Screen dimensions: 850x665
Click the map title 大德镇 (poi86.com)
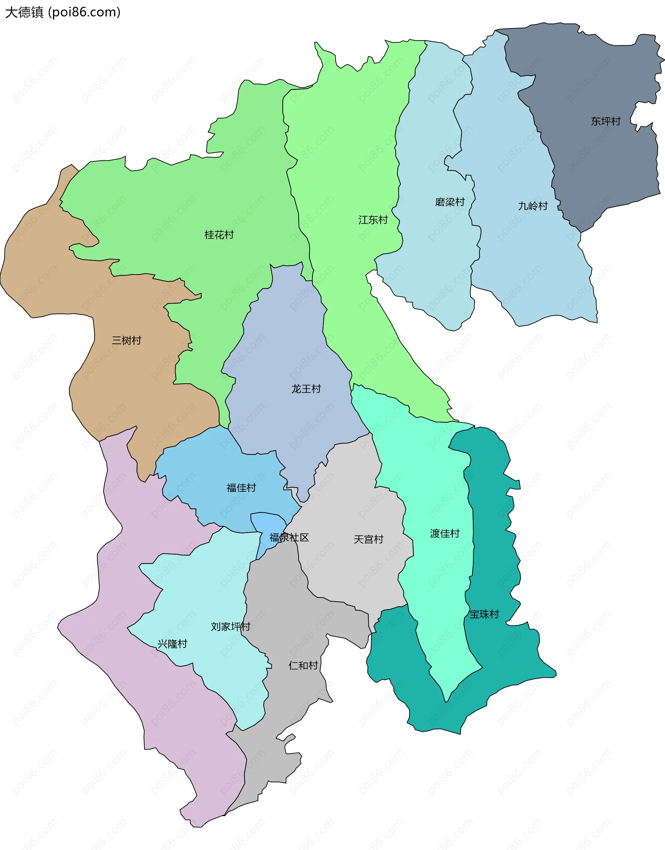63,12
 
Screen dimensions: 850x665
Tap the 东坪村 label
605,122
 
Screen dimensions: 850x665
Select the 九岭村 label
533,206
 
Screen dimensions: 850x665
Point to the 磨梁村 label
450,202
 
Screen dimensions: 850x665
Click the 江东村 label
373,220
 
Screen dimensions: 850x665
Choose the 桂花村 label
219,235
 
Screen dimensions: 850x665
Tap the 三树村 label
126,341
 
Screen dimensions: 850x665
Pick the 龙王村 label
306,389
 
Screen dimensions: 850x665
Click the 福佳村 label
241,487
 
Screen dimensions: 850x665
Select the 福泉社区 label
289,537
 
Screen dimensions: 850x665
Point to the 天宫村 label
368,539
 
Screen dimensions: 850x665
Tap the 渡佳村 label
445,533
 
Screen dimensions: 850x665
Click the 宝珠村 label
484,614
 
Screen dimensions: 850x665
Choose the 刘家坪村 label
230,627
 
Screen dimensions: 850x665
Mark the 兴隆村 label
172,644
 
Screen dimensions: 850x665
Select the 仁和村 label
303,665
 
